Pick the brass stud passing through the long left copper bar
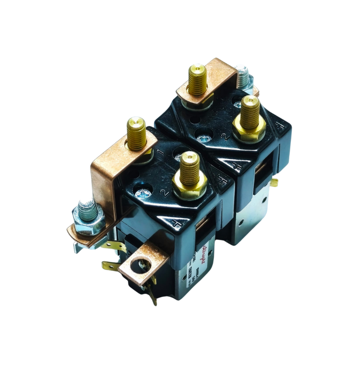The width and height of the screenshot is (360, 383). click(136, 134)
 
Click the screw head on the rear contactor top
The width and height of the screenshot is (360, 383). click(203, 139)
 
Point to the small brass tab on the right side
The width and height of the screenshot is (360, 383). click(274, 182)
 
